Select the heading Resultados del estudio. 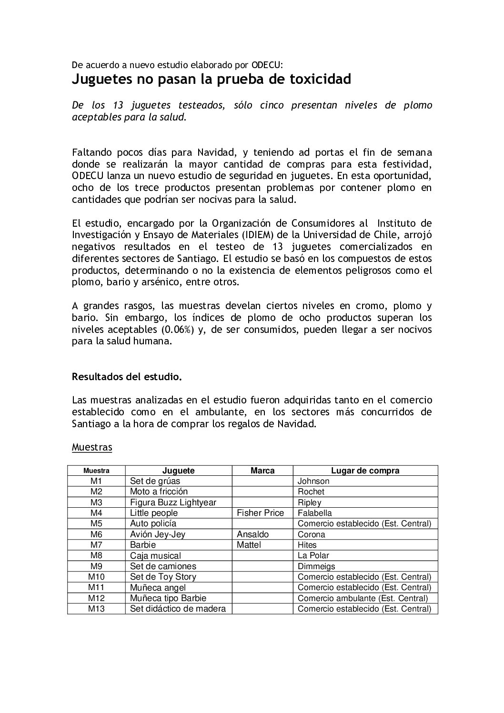point(127,377)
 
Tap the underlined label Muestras point(92,447)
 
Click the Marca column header point(262,471)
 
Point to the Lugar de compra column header point(365,471)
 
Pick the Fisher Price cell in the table point(260,513)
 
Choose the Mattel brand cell point(249,545)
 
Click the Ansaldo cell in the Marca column point(252,534)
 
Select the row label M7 point(96,545)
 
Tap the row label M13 point(96,609)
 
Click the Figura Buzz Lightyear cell point(173,502)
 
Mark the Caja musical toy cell point(155,555)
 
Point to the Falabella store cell point(314,513)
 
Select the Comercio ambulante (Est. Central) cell point(363,598)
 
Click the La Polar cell point(313,555)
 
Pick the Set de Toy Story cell point(163,577)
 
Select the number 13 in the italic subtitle point(119,105)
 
